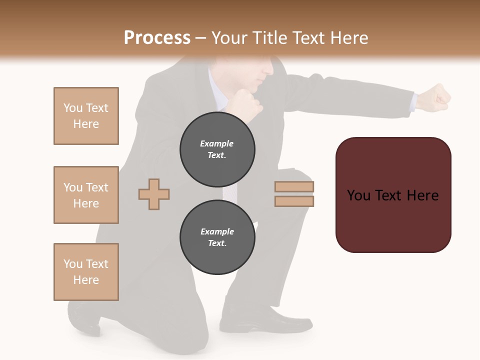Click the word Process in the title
pos(157,38)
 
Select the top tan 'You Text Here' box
pos(86,116)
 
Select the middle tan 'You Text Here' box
pos(86,195)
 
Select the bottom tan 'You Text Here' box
pos(86,272)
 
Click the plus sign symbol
pos(154,194)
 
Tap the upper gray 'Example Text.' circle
pos(217,149)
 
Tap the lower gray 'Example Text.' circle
pos(217,237)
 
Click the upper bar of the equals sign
pos(294,187)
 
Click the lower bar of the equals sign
pos(294,201)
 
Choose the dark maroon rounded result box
pos(393,195)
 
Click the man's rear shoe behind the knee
pos(85,318)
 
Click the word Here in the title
pos(348,38)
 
